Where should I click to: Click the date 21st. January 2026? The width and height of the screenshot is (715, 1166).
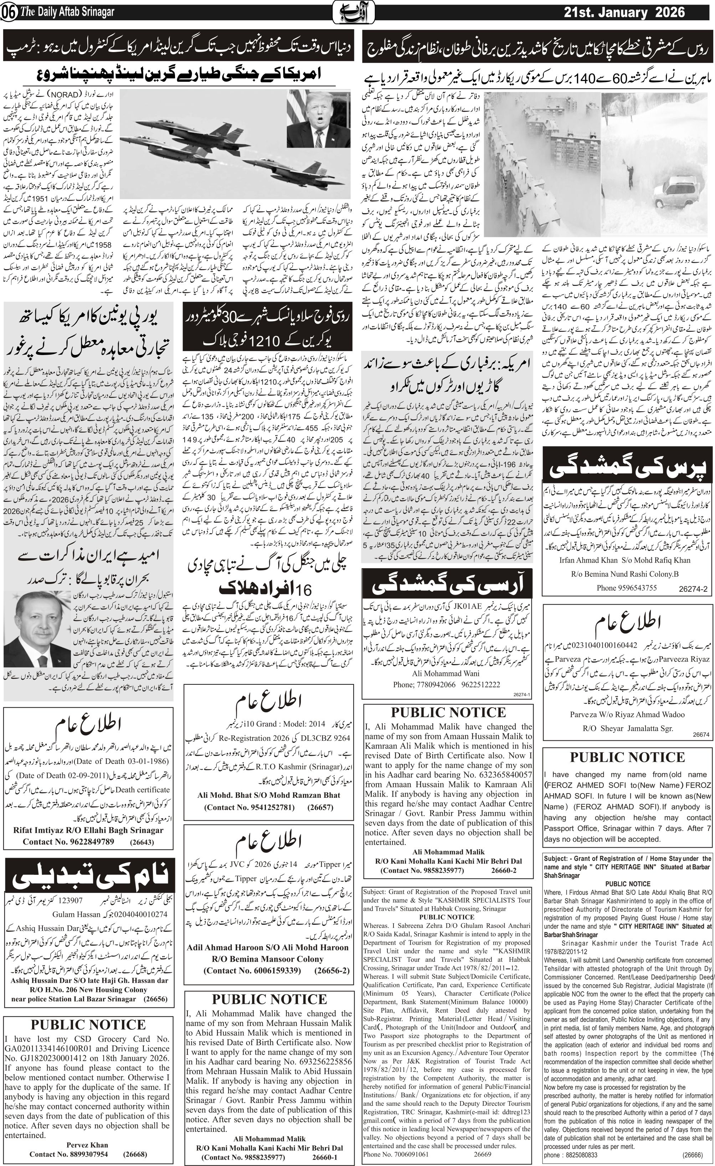click(x=624, y=12)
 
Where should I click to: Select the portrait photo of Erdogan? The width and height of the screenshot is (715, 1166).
click(x=37, y=628)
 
